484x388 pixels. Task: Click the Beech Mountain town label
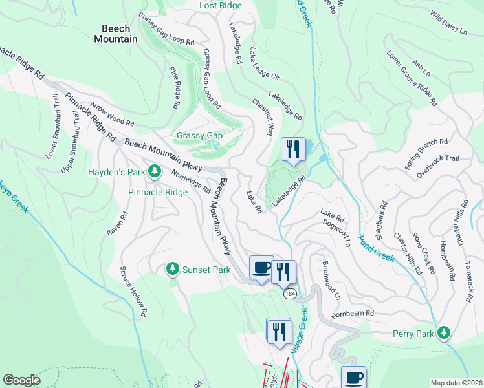point(120,34)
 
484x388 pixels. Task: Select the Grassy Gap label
point(200,136)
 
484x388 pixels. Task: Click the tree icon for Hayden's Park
point(155,171)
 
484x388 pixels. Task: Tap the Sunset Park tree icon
point(172,268)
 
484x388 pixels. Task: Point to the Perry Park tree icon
point(443,333)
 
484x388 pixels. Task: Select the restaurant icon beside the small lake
point(292,149)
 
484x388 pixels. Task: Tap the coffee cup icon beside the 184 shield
point(261,267)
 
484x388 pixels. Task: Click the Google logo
point(22,380)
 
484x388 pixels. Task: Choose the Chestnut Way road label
point(263,116)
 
